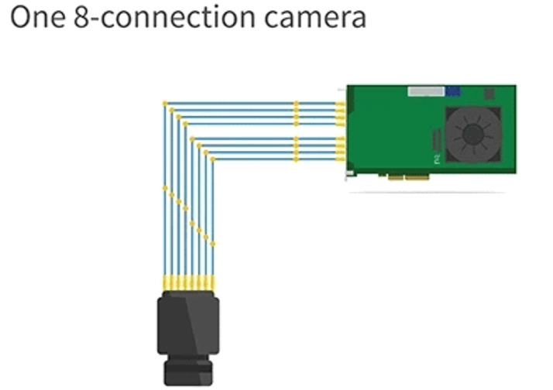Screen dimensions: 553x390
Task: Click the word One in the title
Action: point(38,17)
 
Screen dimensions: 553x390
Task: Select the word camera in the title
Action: point(315,18)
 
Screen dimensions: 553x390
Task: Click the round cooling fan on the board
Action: point(472,135)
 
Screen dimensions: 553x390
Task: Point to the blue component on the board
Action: point(452,91)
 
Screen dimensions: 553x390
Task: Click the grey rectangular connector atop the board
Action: point(426,91)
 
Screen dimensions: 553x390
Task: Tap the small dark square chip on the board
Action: point(489,94)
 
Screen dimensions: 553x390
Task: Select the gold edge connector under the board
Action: point(408,177)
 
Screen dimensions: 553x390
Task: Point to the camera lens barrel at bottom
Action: point(188,370)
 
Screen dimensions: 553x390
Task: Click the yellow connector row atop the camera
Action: point(188,283)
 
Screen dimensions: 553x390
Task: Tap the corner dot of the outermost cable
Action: point(165,104)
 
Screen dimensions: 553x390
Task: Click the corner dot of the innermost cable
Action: point(213,159)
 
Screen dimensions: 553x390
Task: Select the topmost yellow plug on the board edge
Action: point(340,104)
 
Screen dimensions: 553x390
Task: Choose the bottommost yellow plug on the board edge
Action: point(340,159)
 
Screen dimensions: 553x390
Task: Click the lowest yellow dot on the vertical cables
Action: point(213,244)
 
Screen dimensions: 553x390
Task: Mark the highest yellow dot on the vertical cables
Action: point(165,189)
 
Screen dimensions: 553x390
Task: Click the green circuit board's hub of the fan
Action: point(472,135)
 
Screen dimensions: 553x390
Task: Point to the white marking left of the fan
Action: point(438,159)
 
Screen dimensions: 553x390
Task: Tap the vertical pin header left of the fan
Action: point(437,140)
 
